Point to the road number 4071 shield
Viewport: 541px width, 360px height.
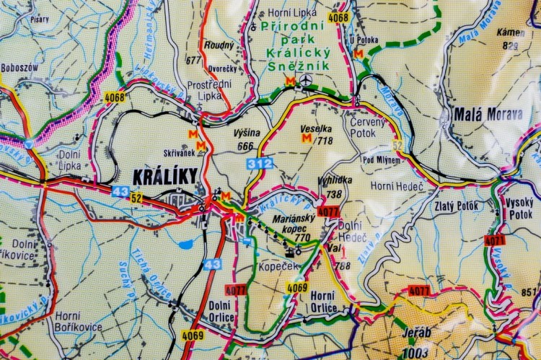point(495,240)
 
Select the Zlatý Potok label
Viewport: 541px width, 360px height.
point(456,206)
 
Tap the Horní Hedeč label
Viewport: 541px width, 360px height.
point(392,186)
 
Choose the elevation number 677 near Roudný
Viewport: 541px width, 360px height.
point(193,61)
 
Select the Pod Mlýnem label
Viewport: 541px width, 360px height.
point(381,159)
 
